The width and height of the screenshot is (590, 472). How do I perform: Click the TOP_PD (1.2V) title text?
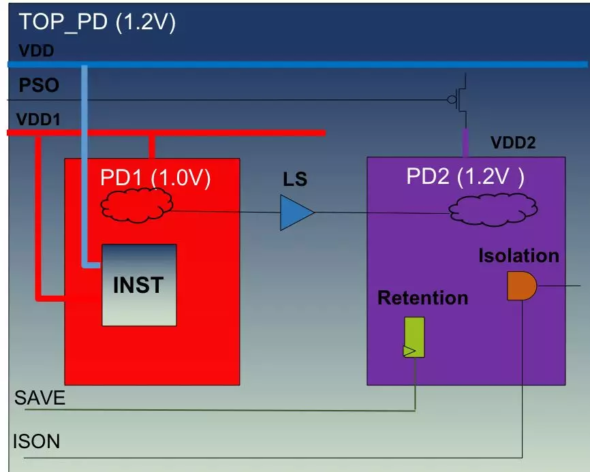pos(97,22)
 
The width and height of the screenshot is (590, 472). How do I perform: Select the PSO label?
pos(39,86)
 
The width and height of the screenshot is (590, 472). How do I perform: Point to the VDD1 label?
pos(38,119)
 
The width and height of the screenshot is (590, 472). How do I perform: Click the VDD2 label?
pos(513,142)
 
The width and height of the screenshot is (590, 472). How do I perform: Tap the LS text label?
pos(295,180)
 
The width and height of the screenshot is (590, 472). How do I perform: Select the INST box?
pos(139,285)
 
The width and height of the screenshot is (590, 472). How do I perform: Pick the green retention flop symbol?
pos(414,337)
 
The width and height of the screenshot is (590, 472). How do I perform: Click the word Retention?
pos(422,298)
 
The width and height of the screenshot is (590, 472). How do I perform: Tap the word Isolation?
pos(518,256)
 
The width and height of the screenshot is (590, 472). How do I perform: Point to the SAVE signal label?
pos(40,398)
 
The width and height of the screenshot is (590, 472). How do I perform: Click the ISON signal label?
pos(37,441)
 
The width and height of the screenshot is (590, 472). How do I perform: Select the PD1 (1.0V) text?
pos(155,178)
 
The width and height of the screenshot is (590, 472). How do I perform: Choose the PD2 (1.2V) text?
pos(465,176)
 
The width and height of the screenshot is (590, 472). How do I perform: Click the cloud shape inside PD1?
pos(136,204)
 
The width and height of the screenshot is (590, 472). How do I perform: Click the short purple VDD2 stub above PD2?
pos(466,142)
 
